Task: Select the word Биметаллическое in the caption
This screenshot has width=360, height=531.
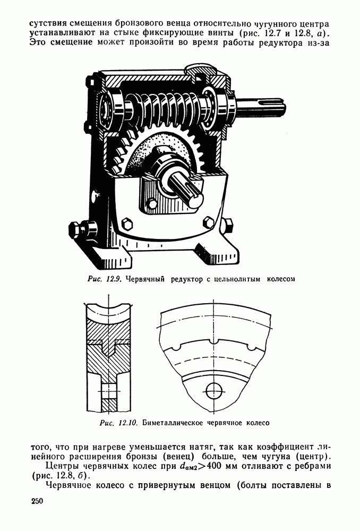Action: (x=172, y=423)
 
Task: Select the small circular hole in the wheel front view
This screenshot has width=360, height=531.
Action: (x=213, y=391)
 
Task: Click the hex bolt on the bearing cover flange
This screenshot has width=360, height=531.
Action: (x=152, y=205)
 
